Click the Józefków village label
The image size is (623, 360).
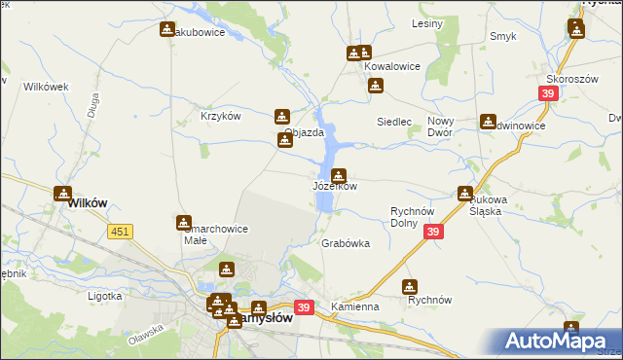pos(335,186)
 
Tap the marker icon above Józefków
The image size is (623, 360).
pos(338,175)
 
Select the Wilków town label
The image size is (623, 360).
pos(87,203)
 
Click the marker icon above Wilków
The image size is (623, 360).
pos(63,194)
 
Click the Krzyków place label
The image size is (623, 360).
pos(220,116)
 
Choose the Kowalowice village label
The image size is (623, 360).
pos(392,66)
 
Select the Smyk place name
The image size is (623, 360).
pos(503,37)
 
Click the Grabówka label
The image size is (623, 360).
pos(346,244)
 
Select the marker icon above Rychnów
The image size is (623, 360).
pos(410,287)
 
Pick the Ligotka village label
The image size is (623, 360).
pos(104,295)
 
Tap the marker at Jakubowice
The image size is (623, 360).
pos(167,30)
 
